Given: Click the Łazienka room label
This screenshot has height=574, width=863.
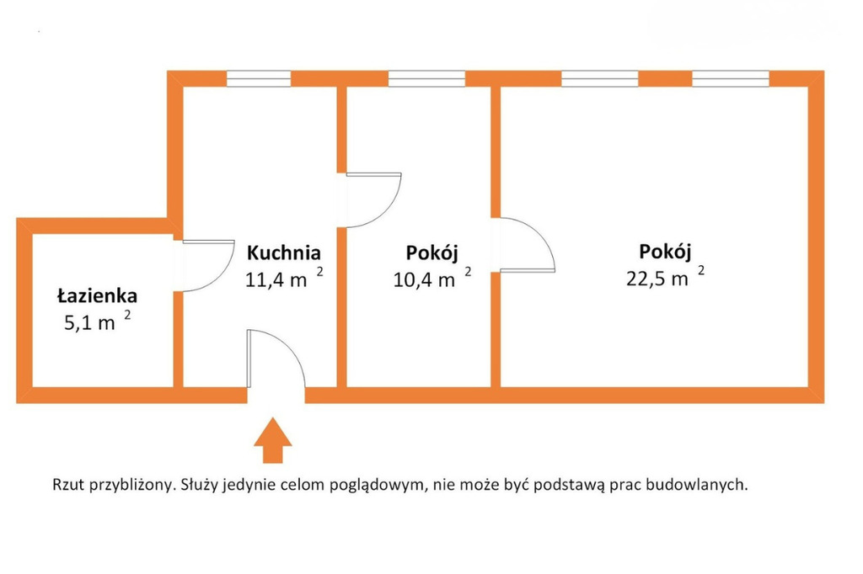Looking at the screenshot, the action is [x=98, y=295].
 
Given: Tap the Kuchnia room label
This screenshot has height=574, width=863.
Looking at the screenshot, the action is [x=283, y=252].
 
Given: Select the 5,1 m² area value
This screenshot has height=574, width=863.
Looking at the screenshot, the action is [x=98, y=321].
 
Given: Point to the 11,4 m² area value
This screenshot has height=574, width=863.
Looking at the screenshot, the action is [x=284, y=278].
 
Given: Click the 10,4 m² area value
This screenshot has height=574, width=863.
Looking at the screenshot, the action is [x=432, y=278].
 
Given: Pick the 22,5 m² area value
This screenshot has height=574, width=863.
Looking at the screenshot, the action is [x=665, y=277].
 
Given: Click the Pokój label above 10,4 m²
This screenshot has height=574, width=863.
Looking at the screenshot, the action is [x=432, y=252].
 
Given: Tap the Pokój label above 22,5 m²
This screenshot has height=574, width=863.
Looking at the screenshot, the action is [x=665, y=252].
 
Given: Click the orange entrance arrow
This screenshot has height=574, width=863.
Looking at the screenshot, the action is [x=272, y=440].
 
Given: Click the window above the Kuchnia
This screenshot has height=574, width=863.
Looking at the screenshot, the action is [x=259, y=78].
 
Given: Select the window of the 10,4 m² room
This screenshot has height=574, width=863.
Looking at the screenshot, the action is [x=426, y=78].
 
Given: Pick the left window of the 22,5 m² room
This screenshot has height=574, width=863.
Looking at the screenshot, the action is [x=599, y=78].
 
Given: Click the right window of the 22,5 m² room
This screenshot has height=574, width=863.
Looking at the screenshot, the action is [x=731, y=78].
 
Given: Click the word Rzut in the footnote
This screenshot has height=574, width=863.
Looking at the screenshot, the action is [x=68, y=485].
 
